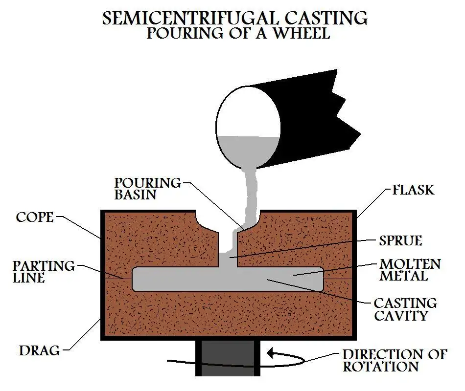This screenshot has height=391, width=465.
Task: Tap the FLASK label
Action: click(x=413, y=189)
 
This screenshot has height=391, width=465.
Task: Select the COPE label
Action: click(x=34, y=217)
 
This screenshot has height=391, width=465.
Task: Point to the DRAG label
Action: click(x=39, y=350)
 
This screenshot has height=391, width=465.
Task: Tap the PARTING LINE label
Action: click(x=44, y=272)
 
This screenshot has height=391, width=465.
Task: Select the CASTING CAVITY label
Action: click(x=405, y=309)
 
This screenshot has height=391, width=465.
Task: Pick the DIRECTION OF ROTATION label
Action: click(x=394, y=360)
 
